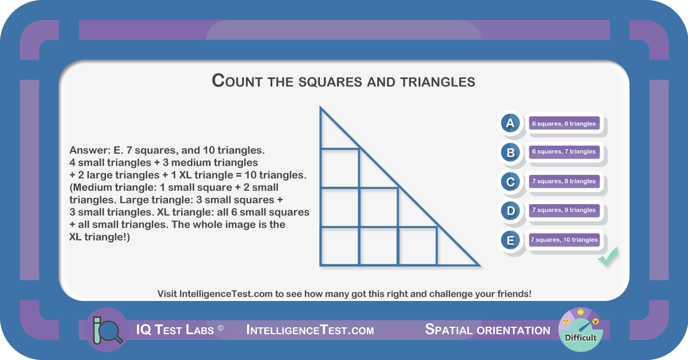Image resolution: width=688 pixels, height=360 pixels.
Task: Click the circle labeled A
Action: (x=510, y=123)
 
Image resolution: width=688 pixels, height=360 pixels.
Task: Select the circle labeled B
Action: (x=510, y=152)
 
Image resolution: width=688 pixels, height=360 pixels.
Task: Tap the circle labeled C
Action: (x=510, y=182)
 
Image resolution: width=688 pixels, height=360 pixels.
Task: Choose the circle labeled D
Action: (x=510, y=211)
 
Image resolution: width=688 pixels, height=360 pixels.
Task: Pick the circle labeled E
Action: (x=510, y=240)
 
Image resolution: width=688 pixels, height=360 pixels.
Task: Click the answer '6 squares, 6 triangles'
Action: (x=564, y=123)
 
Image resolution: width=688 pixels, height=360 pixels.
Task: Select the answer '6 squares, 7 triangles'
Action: (x=564, y=152)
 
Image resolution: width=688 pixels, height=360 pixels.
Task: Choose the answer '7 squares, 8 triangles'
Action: (x=564, y=181)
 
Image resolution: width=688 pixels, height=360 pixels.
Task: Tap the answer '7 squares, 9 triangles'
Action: (x=564, y=210)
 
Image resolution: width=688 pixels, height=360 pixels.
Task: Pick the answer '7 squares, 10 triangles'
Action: (x=564, y=240)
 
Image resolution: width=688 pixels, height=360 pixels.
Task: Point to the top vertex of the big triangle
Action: (x=320, y=107)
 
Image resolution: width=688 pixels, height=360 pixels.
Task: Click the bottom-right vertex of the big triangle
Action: (x=480, y=265)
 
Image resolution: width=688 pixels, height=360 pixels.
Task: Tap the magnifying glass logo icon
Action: (x=106, y=330)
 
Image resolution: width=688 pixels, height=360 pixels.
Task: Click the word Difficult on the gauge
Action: (x=580, y=338)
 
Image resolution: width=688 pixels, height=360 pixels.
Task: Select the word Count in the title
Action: (x=237, y=81)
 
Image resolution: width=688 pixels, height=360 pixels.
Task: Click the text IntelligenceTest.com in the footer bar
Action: (x=310, y=330)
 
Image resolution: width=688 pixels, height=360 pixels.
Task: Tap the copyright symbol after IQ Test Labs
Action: (x=221, y=328)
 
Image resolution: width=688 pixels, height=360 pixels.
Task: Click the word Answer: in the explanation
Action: (x=90, y=150)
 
